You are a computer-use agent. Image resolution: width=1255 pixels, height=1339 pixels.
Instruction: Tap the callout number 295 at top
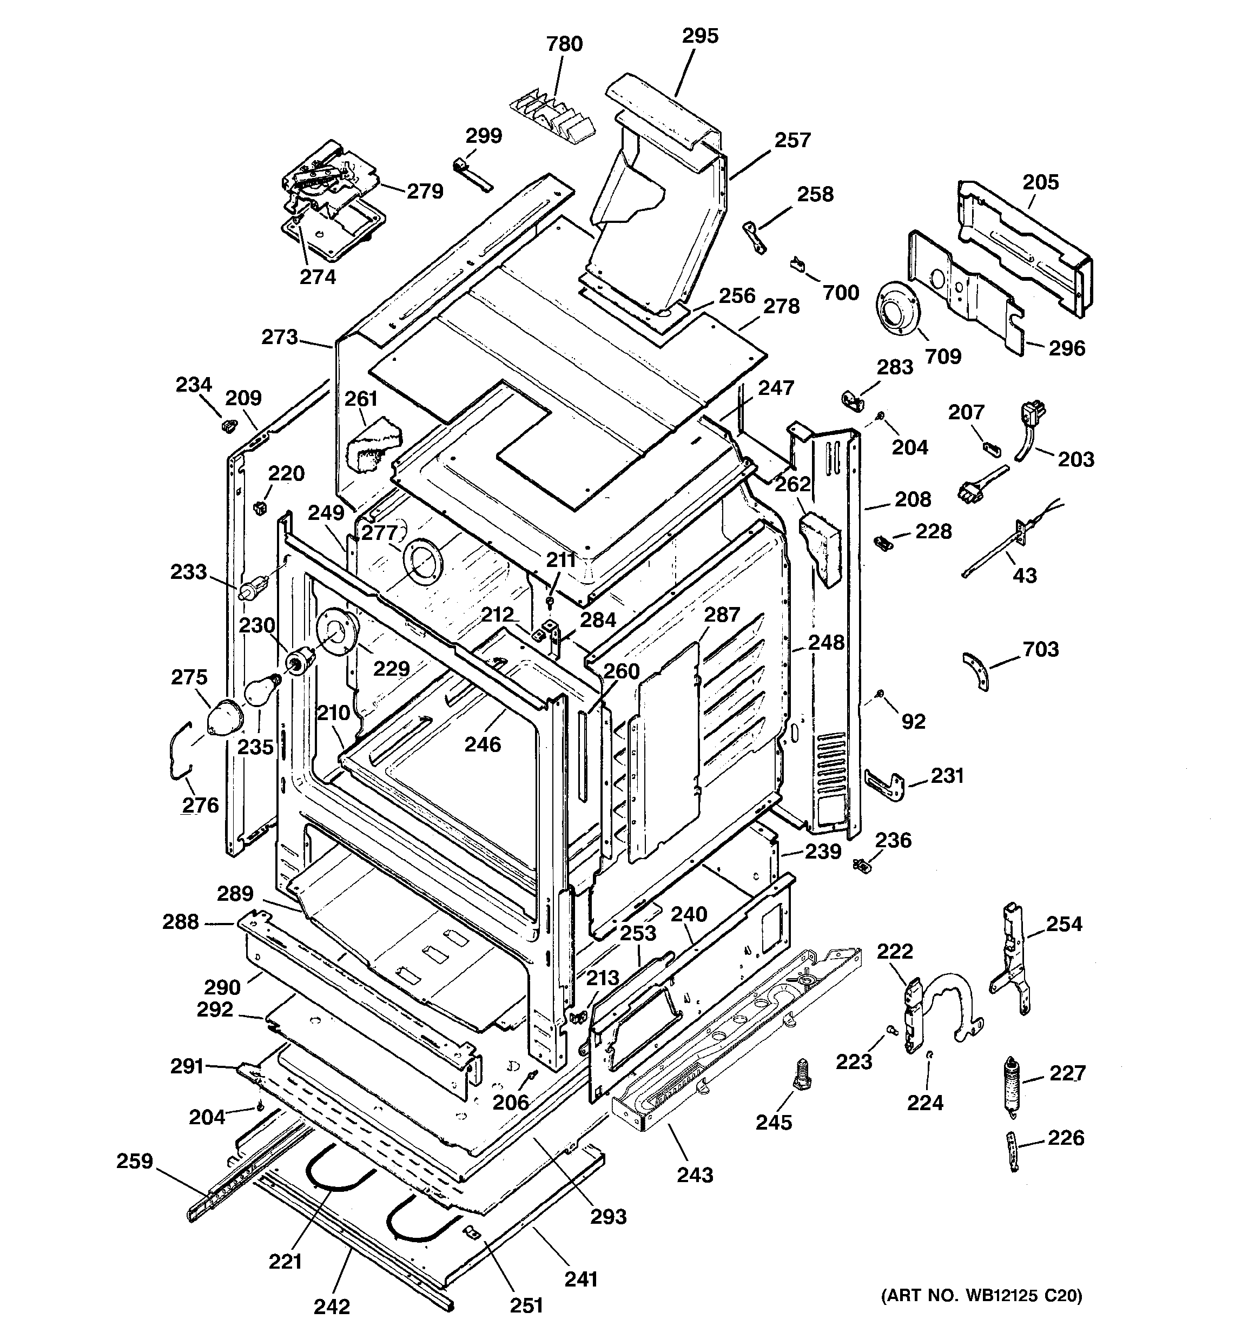pyautogui.click(x=700, y=36)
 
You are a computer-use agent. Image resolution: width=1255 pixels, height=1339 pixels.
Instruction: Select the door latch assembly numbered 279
pyautogui.click(x=322, y=176)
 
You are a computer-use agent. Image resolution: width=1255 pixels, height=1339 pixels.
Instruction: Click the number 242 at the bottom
pyautogui.click(x=332, y=1307)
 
